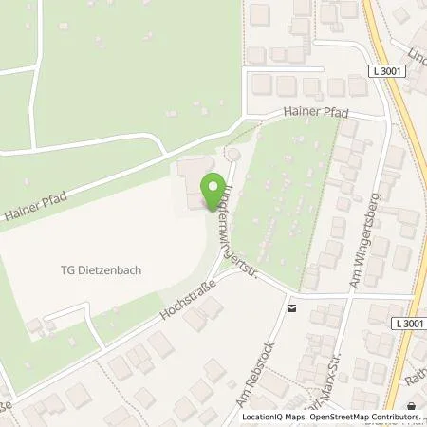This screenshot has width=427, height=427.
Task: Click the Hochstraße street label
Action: click(x=186, y=298)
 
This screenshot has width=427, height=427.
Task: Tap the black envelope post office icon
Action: click(x=291, y=306)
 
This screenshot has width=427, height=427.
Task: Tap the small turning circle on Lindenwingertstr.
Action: click(x=231, y=151)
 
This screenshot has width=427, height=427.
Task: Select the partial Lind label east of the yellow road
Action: click(x=417, y=55)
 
